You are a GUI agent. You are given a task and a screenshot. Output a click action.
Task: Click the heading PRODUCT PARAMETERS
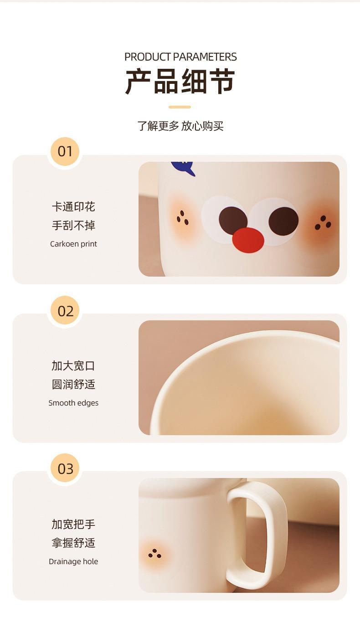click(180, 57)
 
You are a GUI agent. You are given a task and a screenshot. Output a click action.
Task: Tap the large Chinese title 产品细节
click(180, 82)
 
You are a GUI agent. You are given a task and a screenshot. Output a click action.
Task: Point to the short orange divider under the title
click(180, 107)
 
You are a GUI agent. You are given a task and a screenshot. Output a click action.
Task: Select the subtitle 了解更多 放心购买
click(180, 126)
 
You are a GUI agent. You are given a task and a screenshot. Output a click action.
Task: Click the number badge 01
click(65, 152)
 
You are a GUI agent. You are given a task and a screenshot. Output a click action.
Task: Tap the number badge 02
click(66, 311)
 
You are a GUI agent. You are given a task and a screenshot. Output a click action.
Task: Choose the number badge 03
click(66, 469)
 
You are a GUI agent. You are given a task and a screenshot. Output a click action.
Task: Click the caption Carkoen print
click(73, 244)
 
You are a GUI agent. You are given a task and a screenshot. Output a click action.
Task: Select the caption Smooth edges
click(73, 403)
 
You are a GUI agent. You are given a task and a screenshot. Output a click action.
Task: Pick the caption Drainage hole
click(73, 561)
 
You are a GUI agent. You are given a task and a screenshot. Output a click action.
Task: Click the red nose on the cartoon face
click(248, 241)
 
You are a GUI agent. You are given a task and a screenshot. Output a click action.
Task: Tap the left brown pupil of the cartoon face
click(233, 221)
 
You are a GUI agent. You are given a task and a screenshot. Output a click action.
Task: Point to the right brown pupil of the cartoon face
click(283, 221)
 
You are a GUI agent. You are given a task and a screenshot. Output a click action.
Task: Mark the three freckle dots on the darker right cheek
click(323, 223)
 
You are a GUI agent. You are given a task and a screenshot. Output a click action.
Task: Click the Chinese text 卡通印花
click(73, 207)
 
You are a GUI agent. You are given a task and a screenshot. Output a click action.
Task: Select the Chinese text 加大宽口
click(73, 366)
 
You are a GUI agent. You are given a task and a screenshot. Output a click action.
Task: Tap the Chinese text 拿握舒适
click(73, 543)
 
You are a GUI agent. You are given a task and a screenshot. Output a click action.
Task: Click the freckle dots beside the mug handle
click(155, 553)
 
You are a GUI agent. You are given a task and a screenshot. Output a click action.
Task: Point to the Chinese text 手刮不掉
click(73, 225)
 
